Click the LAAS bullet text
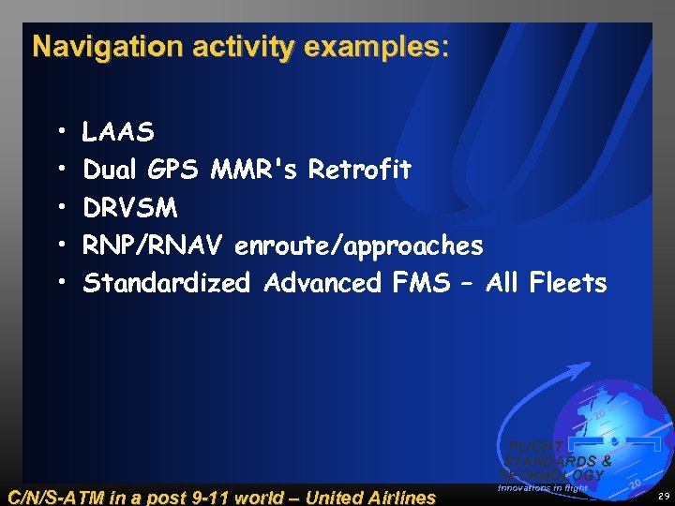click(x=118, y=133)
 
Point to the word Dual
click(x=112, y=171)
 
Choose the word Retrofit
click(x=360, y=171)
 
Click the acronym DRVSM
click(x=130, y=208)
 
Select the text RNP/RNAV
click(x=153, y=246)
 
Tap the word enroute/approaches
click(x=359, y=246)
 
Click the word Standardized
click(x=167, y=283)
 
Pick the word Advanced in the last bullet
click(x=323, y=283)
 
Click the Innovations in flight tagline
click(x=543, y=487)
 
